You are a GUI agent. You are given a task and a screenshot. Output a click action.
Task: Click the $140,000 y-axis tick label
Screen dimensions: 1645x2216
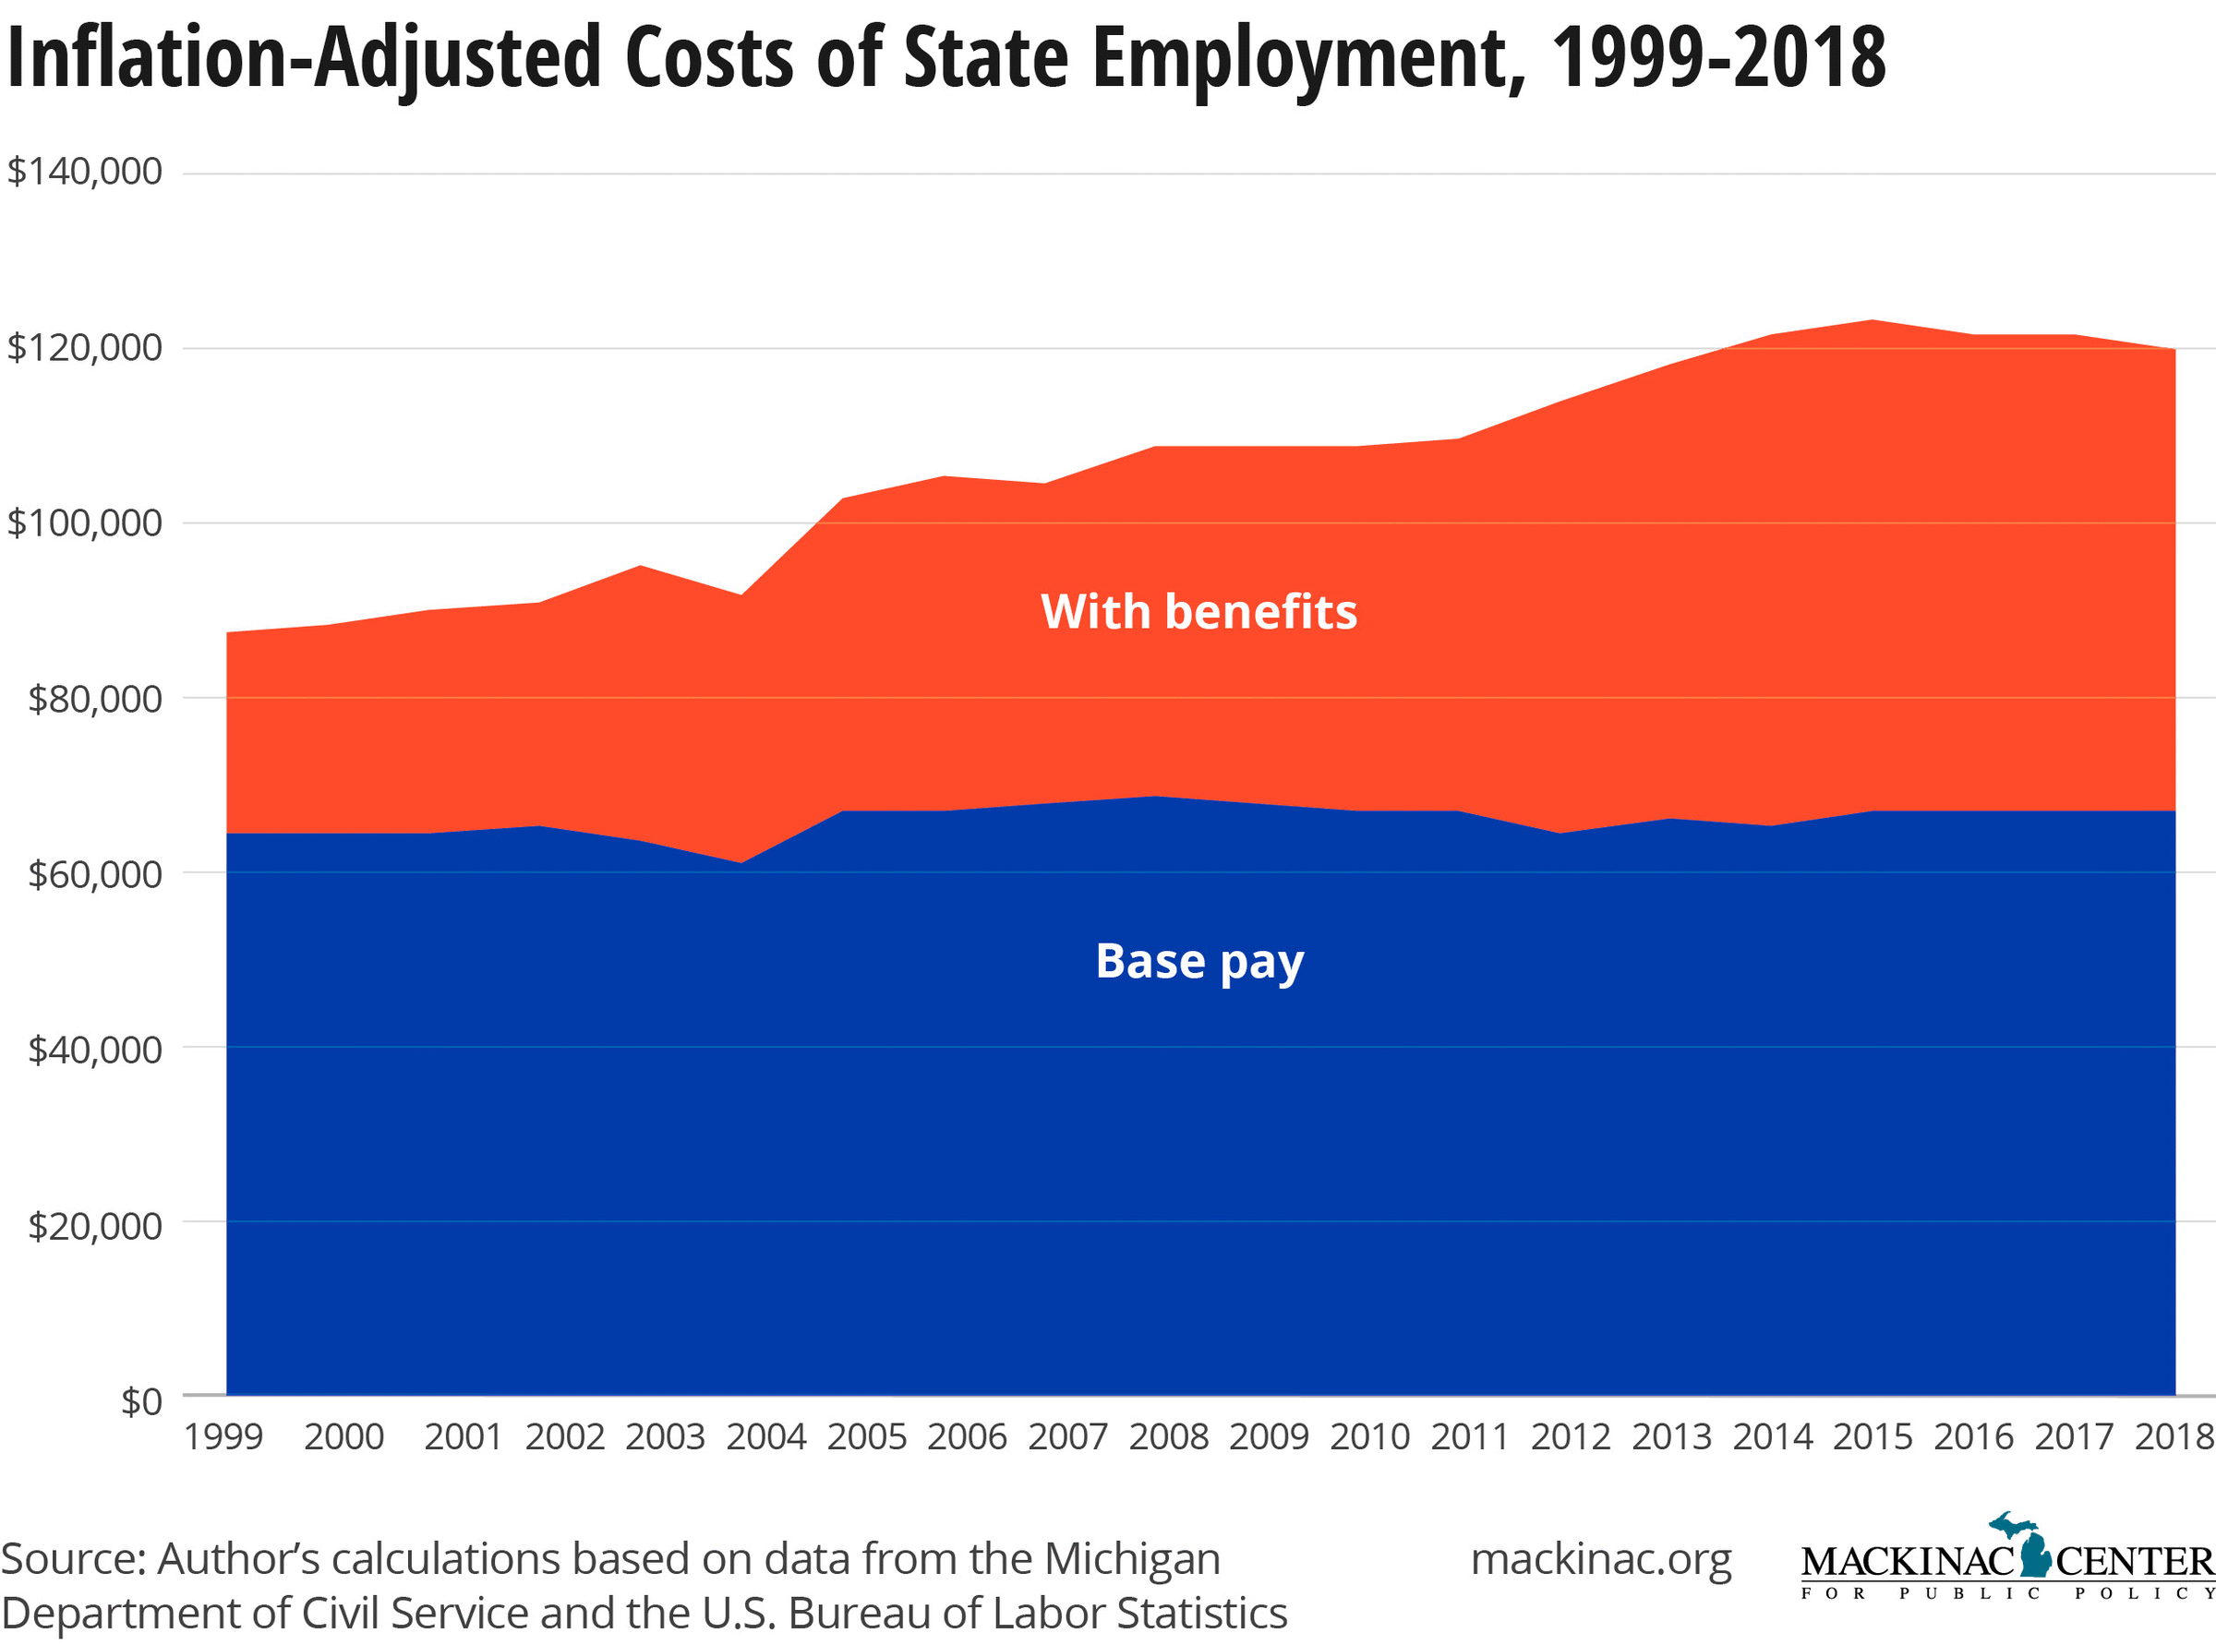click(x=85, y=173)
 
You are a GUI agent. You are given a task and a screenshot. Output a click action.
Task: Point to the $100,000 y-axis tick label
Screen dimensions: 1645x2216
click(x=85, y=522)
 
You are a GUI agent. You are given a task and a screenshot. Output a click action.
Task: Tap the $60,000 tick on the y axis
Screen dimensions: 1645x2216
click(x=93, y=874)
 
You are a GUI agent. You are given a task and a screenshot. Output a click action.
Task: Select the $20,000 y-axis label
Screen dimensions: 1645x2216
click(x=93, y=1226)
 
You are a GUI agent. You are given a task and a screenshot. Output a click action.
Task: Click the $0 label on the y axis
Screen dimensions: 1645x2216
click(x=140, y=1401)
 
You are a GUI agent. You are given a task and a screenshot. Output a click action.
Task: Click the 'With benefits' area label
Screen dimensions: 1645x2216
click(x=1198, y=611)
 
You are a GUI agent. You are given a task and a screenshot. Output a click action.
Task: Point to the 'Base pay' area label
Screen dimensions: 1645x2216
click(x=1199, y=962)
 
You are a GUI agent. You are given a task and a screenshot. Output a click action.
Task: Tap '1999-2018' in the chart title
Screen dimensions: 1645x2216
click(x=1718, y=58)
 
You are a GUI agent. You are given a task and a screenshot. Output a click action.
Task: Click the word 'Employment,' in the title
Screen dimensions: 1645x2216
click(x=1308, y=58)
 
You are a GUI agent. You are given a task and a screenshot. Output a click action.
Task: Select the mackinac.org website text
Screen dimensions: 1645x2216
click(x=1600, y=1559)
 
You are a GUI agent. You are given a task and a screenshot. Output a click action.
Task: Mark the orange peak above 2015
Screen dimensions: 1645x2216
click(x=1873, y=320)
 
